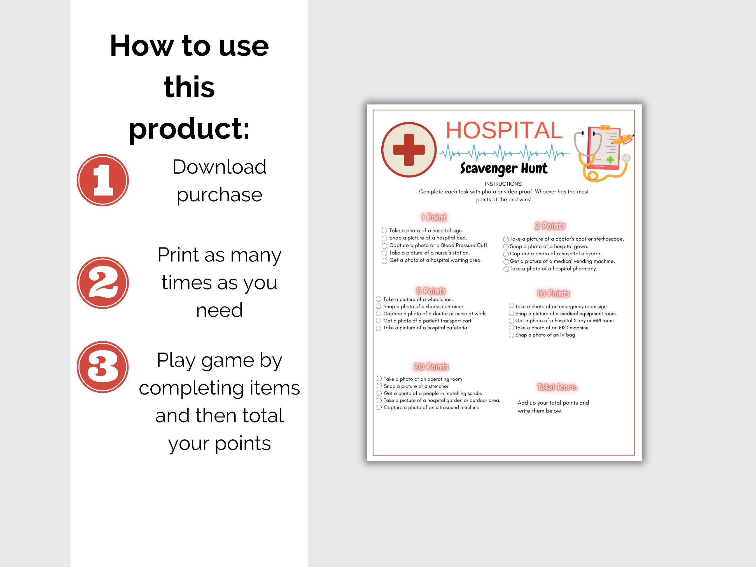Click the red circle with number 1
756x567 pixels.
[x=102, y=180]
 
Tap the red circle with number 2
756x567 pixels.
[x=102, y=283]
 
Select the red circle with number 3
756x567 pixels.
[x=102, y=367]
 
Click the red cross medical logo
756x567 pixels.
[x=409, y=150]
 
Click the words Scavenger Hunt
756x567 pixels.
[x=503, y=169]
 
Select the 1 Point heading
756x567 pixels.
[x=434, y=217]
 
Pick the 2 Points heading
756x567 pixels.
[x=550, y=226]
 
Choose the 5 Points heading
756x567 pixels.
[x=431, y=291]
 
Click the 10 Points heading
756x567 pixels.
[x=553, y=293]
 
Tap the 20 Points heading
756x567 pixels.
[x=431, y=367]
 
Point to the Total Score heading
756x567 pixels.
[x=557, y=387]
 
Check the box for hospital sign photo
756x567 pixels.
[x=384, y=231]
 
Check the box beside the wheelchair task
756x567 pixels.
[x=379, y=299]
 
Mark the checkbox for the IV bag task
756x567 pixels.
[x=511, y=335]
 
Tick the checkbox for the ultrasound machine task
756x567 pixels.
[x=379, y=407]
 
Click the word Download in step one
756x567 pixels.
[x=219, y=167]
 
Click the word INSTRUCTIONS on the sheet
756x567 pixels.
[x=503, y=184]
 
